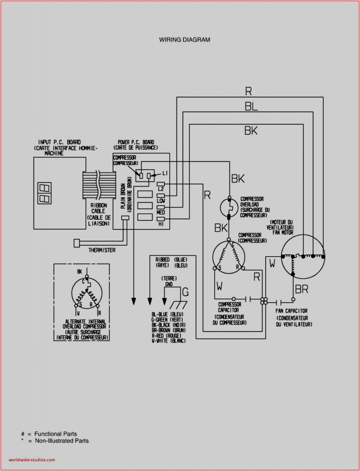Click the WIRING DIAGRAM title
[185, 40]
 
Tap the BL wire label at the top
[251, 107]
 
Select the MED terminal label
[160, 213]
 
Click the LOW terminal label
[161, 201]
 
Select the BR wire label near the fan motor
[302, 290]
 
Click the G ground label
[185, 291]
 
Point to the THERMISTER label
[102, 250]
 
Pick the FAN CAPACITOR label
[291, 311]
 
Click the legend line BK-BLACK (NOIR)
[168, 325]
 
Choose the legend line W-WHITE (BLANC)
[168, 341]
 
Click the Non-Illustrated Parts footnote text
[61, 441]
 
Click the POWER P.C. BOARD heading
[136, 142]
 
